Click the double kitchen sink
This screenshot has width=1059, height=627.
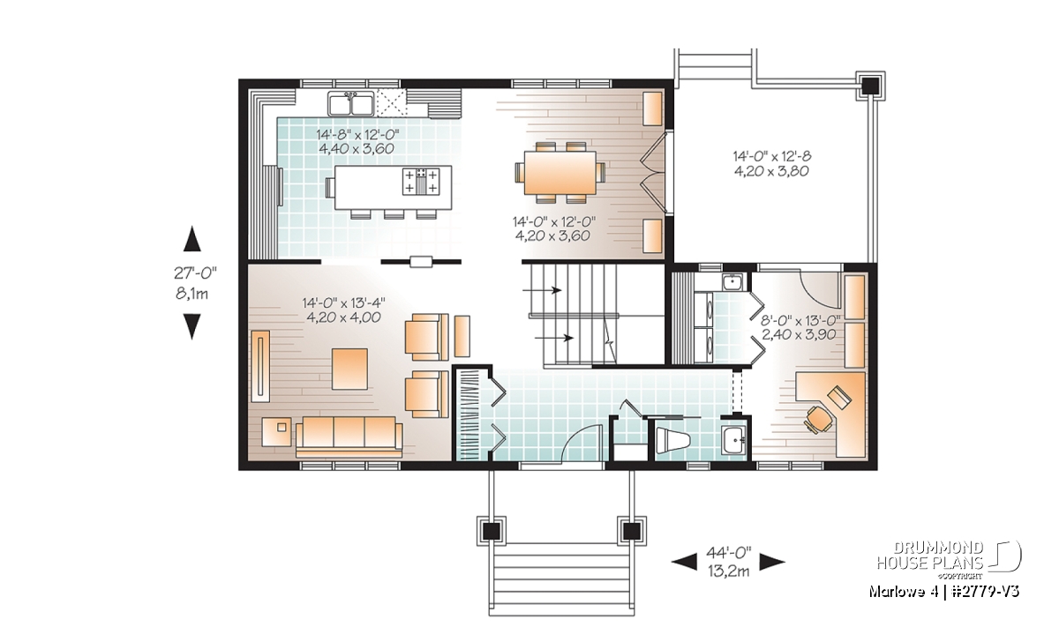pos(351,103)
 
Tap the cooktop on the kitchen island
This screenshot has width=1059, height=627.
pos(420,181)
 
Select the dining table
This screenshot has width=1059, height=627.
pos(560,173)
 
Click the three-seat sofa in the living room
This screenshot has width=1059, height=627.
pos(349,437)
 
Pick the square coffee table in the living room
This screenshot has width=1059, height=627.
pos(349,369)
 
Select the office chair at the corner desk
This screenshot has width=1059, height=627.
pos(819,419)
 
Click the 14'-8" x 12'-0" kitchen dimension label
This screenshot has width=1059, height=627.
pos(357,141)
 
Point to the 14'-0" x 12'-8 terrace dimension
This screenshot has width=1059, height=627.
pos(771,163)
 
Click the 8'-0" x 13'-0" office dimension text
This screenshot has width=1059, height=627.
pos(800,327)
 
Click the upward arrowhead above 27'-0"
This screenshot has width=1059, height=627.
pos(192,239)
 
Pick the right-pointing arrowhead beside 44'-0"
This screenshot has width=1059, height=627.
pos(772,563)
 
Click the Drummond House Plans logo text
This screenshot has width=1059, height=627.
pos(930,556)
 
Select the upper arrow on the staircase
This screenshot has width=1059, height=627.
pos(542,289)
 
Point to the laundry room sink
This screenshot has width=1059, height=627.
pos(732,282)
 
